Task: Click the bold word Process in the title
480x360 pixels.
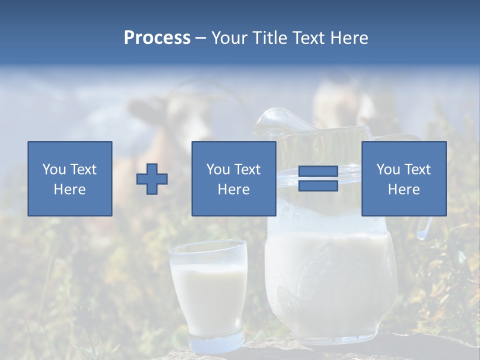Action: coord(157,38)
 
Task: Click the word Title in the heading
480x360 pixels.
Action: coord(269,38)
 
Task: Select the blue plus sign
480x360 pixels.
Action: coord(152,179)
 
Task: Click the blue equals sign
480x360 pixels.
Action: coord(318,178)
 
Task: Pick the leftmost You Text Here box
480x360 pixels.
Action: coord(70,178)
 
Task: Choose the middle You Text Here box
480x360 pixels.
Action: coord(233,178)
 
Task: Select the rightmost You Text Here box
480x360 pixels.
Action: coord(403,178)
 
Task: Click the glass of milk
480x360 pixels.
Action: coord(208,290)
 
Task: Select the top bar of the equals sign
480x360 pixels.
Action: coord(318,172)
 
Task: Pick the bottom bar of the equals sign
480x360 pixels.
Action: coord(318,185)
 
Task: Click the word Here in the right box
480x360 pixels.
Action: coord(403,189)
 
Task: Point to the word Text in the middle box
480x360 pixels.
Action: coord(247,169)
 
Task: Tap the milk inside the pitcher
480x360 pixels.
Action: coord(330,280)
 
